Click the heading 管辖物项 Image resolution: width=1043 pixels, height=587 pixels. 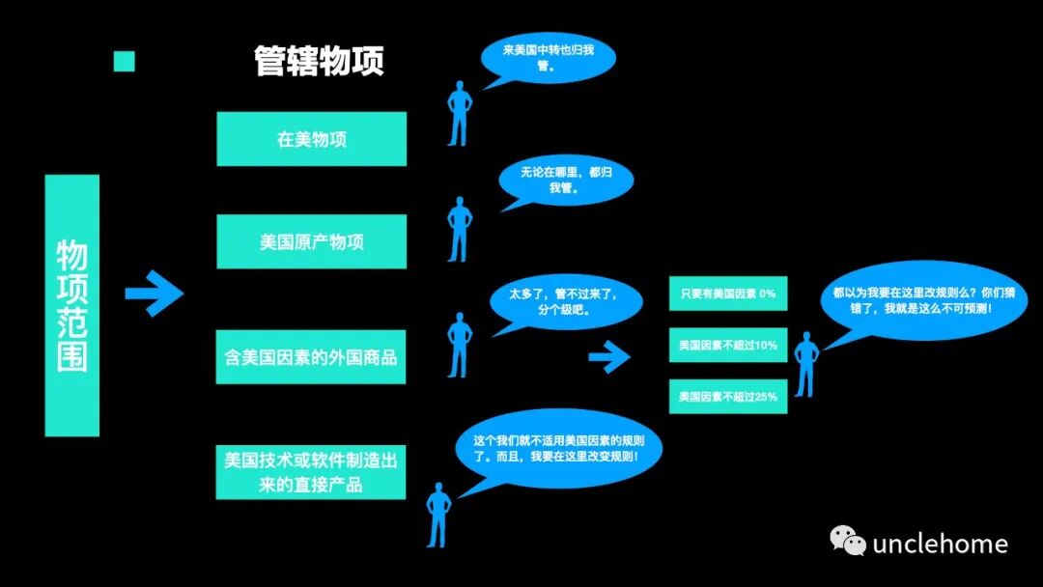pyautogui.click(x=319, y=60)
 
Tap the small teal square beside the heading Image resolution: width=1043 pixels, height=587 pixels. pyautogui.click(x=124, y=62)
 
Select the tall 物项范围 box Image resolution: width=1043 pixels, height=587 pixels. pyautogui.click(x=72, y=305)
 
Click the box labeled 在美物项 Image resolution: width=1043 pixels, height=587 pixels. pyautogui.click(x=311, y=139)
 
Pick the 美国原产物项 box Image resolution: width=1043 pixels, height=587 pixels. pyautogui.click(x=311, y=241)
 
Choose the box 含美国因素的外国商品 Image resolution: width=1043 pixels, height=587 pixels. pyautogui.click(x=311, y=357)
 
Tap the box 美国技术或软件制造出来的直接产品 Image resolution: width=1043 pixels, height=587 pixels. pyautogui.click(x=311, y=472)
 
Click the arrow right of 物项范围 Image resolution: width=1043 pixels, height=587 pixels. pyautogui.click(x=155, y=293)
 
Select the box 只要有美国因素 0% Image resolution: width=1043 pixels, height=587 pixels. pyautogui.click(x=728, y=293)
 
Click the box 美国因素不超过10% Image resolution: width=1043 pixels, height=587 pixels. pyautogui.click(x=728, y=345)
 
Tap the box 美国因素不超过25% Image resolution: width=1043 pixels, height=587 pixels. pyautogui.click(x=728, y=396)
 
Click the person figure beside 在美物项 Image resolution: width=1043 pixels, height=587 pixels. pyautogui.click(x=459, y=111)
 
